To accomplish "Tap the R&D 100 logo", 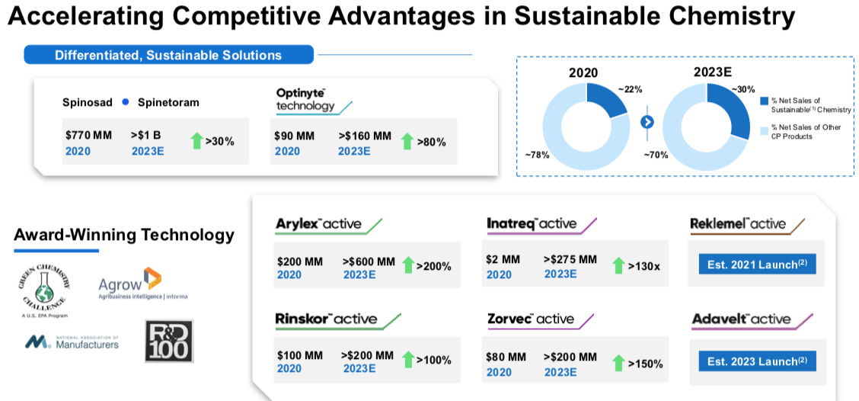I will tap(169, 340).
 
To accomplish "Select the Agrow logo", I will tap(142, 285).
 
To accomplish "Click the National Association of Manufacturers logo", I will tap(72, 343).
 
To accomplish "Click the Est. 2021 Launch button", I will tap(757, 265).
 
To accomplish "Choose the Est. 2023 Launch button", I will tap(757, 361).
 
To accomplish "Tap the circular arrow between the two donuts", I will tap(647, 121).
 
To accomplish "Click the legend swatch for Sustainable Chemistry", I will tap(764, 101).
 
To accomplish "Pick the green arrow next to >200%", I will tap(408, 266).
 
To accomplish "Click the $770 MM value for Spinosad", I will tap(88, 135).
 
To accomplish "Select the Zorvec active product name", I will tap(531, 319).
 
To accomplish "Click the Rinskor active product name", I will tap(325, 319).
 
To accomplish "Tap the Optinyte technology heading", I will tap(305, 99).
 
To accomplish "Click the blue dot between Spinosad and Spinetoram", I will tap(125, 102).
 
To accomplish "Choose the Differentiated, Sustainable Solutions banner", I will tap(168, 55).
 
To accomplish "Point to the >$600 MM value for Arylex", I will tap(369, 261).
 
